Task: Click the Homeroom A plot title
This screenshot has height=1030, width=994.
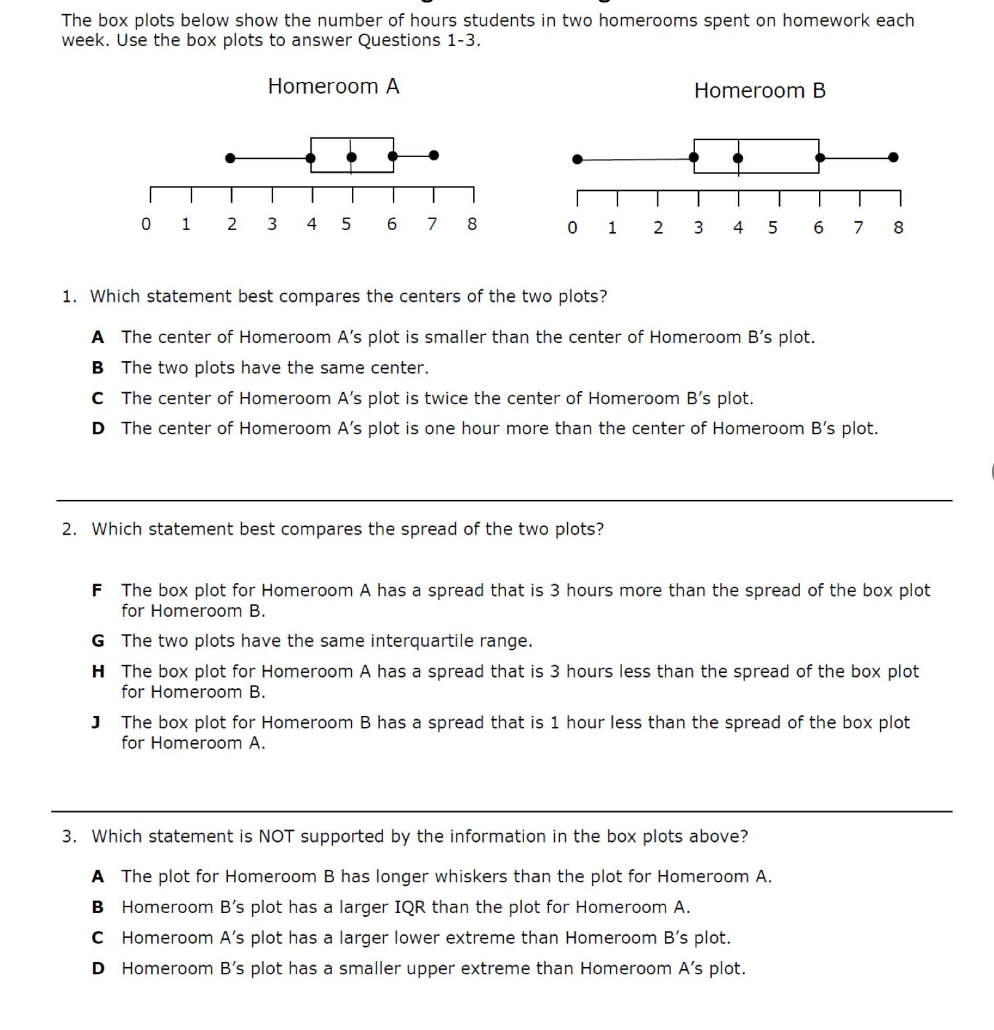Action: click(x=333, y=86)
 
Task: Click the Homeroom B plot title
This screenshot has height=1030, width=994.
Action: click(x=760, y=90)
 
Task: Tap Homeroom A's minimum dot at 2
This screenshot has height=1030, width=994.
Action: click(x=230, y=158)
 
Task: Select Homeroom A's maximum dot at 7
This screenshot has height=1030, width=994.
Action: click(x=434, y=155)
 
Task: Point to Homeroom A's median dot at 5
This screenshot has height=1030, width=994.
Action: click(x=352, y=157)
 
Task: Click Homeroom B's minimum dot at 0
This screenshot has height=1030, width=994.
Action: click(x=577, y=159)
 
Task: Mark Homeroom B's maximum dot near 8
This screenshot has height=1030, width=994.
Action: click(x=893, y=157)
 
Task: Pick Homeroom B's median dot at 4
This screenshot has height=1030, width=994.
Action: click(x=738, y=158)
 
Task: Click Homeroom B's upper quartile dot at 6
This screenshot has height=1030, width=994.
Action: click(x=820, y=157)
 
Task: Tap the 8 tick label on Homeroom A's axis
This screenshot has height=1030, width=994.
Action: click(x=472, y=224)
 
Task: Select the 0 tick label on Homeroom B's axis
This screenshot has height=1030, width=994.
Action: click(x=572, y=227)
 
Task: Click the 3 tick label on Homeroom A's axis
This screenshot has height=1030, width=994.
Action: click(x=272, y=224)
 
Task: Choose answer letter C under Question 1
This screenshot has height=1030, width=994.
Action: click(x=97, y=398)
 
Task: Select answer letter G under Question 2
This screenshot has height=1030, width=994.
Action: click(x=98, y=641)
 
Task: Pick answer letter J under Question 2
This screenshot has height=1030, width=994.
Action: click(x=96, y=723)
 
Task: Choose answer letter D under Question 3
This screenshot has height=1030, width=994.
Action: click(x=98, y=968)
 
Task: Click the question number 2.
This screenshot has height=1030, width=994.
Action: click(x=68, y=529)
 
